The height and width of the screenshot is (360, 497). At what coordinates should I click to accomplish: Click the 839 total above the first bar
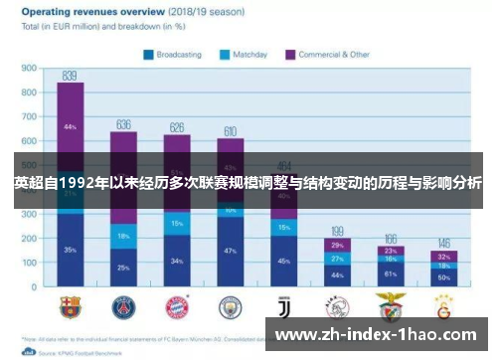[x=70, y=76]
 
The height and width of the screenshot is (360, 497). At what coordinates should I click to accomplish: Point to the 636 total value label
[x=123, y=124]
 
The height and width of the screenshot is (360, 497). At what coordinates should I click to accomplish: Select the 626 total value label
[x=177, y=127]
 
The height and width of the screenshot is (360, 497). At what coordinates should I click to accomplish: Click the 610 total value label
[x=230, y=131]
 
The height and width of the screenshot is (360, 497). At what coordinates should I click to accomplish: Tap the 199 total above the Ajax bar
[x=337, y=231]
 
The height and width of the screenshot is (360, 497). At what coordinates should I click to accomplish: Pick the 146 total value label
[x=443, y=244]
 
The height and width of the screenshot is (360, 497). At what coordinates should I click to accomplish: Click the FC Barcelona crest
[x=70, y=306]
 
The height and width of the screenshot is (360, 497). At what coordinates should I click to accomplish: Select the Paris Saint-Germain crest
[x=123, y=306]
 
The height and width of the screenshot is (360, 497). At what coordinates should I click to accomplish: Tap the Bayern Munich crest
[x=177, y=306]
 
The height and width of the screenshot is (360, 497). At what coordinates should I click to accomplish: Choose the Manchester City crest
[x=230, y=306]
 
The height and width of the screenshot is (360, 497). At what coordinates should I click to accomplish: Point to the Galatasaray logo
[x=443, y=306]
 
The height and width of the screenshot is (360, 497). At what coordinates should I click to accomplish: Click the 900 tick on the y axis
[x=28, y=69]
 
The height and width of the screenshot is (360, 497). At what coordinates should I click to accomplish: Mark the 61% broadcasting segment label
[x=391, y=272]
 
